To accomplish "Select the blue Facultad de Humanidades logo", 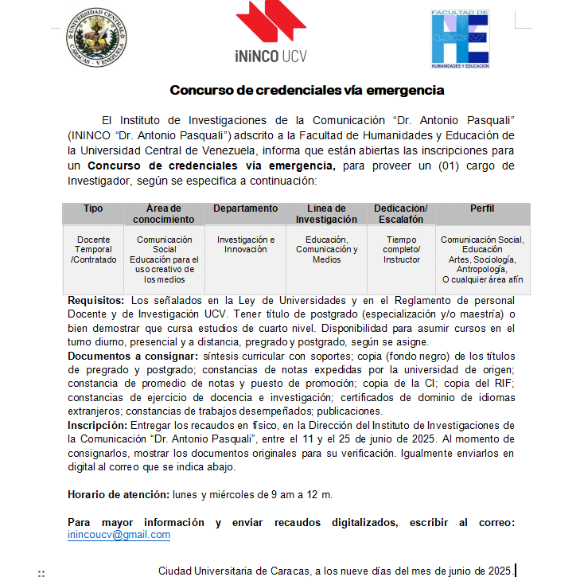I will click(459, 39).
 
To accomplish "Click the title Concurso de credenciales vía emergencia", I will click(306, 91).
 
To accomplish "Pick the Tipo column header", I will click(93, 209).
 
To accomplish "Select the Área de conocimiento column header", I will click(164, 213).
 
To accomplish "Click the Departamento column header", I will click(245, 209).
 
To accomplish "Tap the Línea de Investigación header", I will click(326, 213).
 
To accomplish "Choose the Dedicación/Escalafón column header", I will click(401, 213).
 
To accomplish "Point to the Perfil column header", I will click(482, 209).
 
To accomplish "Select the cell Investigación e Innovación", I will click(245, 244).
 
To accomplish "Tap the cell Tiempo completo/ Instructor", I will click(401, 249).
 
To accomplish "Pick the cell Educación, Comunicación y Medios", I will click(326, 249).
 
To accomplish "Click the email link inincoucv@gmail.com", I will click(119, 535).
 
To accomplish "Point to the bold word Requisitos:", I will click(96, 301).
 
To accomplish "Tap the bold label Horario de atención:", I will click(119, 494).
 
